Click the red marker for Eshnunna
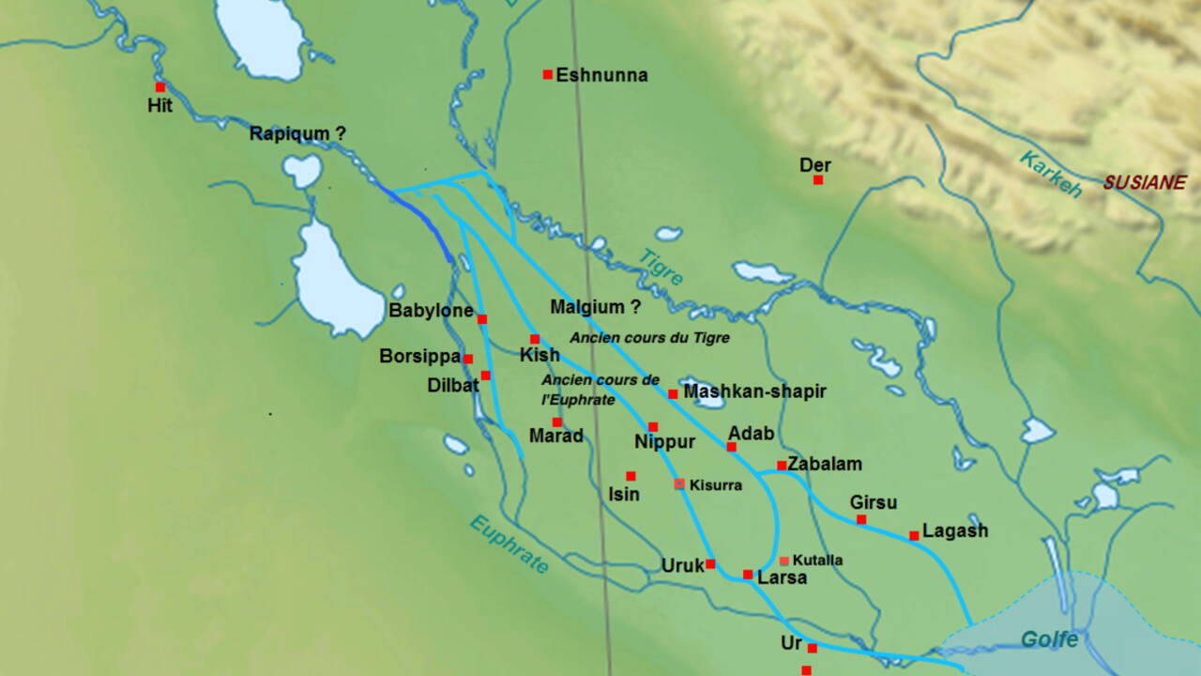pos(548,74)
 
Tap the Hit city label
pos(160,106)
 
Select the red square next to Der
pos(818,179)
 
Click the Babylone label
pos(430,312)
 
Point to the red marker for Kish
pos(535,339)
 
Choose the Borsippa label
pos(419,357)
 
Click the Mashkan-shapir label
pos(754,392)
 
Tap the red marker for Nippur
pos(653,427)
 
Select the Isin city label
pos(624,494)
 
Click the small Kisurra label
pos(715,485)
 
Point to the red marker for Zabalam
pos(782,465)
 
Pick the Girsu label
pos(873,502)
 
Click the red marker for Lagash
pos(914,536)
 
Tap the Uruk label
pos(682,566)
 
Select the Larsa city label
pos(782,578)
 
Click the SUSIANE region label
pos(1144,183)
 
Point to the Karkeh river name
pos(1052,174)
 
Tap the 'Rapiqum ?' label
pos(297,134)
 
